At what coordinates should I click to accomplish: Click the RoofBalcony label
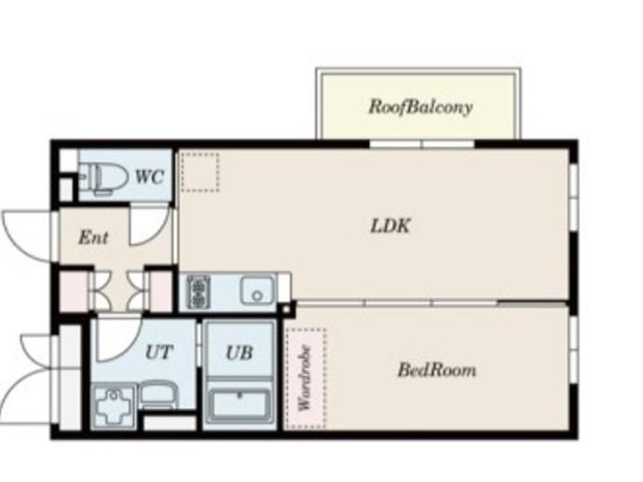420,107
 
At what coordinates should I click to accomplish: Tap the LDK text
390,226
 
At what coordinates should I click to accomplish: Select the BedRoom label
437,370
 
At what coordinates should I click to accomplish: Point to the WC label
150,177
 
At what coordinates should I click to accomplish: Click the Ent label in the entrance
93,238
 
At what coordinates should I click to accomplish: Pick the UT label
159,352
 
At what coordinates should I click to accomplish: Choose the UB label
239,352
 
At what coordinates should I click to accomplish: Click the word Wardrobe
305,379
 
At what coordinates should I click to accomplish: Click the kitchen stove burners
198,292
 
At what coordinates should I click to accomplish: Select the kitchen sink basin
257,291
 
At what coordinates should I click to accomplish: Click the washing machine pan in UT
114,406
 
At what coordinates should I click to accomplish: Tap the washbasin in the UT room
158,395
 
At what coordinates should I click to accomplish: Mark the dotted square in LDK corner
200,172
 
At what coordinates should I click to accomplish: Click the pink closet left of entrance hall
74,291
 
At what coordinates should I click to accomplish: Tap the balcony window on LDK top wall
422,144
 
